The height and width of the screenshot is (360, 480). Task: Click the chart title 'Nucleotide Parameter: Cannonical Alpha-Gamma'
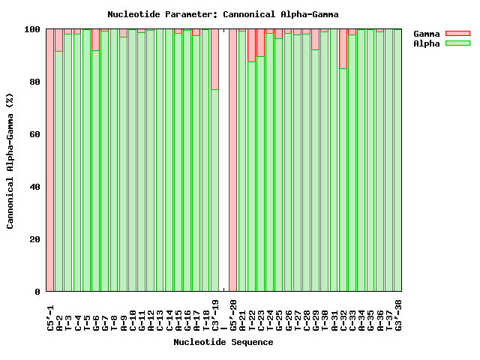(x=223, y=14)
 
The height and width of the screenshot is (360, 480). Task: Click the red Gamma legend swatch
(x=457, y=34)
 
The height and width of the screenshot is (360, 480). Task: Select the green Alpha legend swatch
(x=457, y=43)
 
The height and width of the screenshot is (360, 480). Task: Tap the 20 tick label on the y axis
(x=34, y=239)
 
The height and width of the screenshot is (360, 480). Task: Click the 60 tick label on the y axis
(x=34, y=134)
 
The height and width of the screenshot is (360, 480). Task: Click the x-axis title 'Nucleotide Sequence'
(x=223, y=342)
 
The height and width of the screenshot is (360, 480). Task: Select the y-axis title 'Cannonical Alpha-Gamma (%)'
(x=10, y=160)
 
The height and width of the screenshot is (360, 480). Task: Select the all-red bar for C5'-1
(x=50, y=160)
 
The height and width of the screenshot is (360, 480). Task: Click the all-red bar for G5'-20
(x=233, y=160)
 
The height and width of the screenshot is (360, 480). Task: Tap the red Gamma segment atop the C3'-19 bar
(x=215, y=59)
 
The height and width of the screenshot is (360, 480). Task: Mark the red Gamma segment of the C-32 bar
(x=343, y=49)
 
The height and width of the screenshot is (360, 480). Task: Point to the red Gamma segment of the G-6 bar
(x=96, y=40)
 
